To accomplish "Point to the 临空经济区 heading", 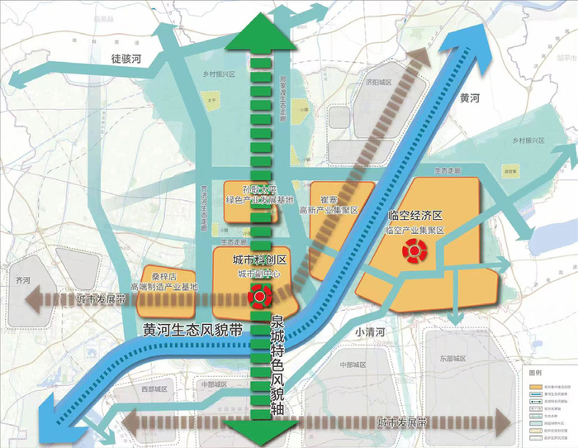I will [416, 216].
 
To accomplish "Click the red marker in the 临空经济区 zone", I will [411, 251].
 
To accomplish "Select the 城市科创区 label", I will [245, 260].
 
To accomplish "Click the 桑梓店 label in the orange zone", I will [156, 276].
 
